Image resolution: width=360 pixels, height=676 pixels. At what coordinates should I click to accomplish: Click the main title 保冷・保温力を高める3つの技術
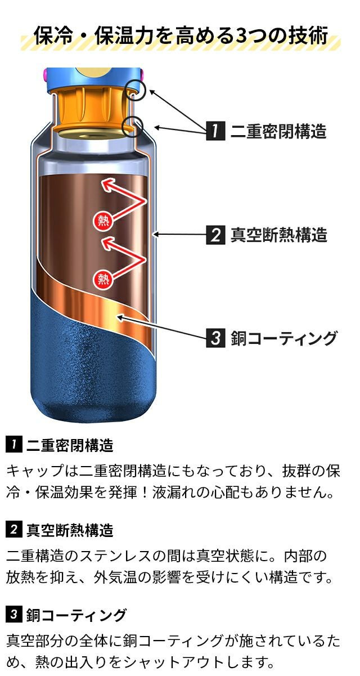point(181,35)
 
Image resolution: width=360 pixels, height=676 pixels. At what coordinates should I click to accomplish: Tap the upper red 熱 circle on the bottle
point(102,221)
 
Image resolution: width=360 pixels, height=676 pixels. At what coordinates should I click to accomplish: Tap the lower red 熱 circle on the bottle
point(103,279)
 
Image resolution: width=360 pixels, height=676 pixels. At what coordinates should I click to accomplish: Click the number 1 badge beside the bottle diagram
point(215,131)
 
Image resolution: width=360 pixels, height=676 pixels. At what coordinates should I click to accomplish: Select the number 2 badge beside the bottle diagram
point(215,235)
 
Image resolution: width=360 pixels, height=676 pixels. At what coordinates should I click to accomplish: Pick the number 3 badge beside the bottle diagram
point(215,338)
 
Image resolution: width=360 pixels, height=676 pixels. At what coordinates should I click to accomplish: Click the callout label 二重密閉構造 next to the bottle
point(278,131)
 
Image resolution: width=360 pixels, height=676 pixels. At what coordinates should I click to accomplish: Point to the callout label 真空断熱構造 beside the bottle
point(278,235)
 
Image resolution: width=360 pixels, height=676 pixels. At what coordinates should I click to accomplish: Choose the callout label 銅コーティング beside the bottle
point(283,338)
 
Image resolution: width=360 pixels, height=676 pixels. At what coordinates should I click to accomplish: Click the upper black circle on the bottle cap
point(136,90)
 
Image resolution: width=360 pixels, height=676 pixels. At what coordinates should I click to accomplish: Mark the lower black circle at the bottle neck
point(132,127)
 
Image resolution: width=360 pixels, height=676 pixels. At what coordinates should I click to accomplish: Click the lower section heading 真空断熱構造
point(70,530)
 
